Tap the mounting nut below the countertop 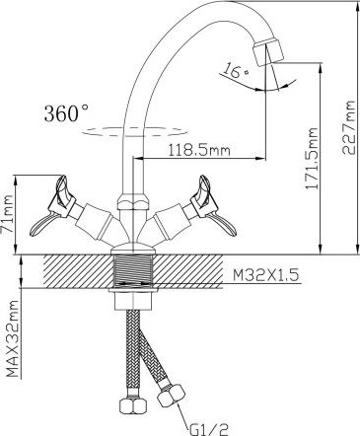pos(134,300)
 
